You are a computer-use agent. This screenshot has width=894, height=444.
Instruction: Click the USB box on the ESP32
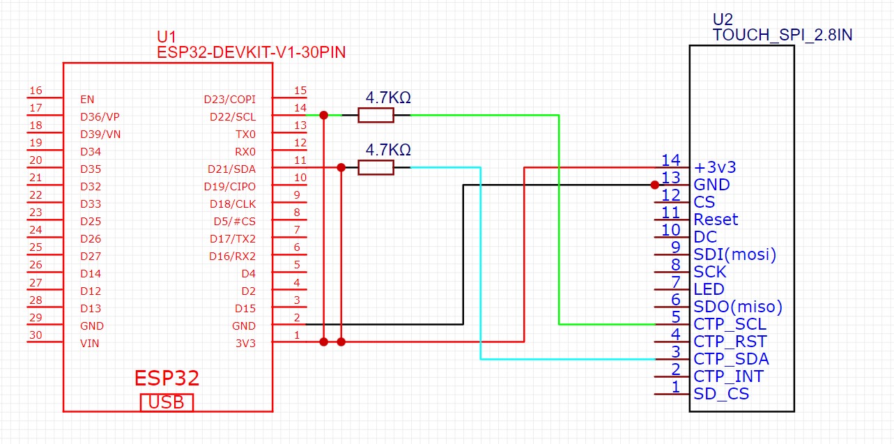click(167, 402)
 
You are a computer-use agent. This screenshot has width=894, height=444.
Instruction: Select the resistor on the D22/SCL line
click(376, 115)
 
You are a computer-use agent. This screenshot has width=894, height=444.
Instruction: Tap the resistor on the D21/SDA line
click(376, 167)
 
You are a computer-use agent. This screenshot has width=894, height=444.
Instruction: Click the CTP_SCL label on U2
click(730, 325)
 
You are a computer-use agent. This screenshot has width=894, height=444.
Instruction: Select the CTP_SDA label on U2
click(731, 360)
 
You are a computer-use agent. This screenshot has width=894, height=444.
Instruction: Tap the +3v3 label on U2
click(715, 168)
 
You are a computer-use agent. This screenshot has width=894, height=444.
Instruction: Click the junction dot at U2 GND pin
click(654, 185)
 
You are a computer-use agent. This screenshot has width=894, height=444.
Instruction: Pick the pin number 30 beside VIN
click(36, 335)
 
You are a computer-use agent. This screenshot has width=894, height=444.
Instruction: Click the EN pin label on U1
click(87, 100)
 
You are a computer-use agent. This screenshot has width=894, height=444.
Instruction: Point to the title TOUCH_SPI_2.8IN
click(783, 35)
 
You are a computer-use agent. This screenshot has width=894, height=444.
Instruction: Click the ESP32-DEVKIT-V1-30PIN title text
click(252, 52)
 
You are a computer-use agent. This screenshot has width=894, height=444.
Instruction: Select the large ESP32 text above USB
click(167, 378)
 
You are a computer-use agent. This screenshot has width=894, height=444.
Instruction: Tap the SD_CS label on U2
click(721, 394)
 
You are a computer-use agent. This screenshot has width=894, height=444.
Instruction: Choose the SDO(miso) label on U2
click(738, 307)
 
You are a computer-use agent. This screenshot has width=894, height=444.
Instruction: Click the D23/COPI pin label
click(229, 100)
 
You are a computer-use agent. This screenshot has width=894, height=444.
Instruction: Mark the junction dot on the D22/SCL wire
click(323, 115)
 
